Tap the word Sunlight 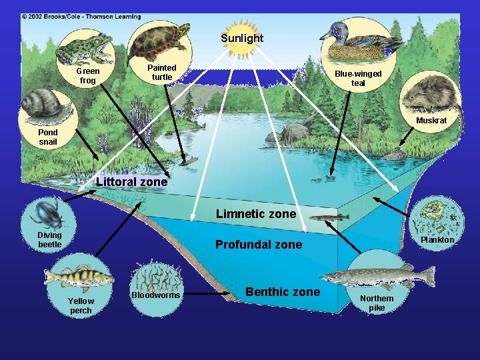pyautogui.click(x=242, y=38)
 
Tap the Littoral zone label pyautogui.click(x=132, y=181)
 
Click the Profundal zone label pyautogui.click(x=259, y=245)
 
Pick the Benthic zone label pyautogui.click(x=283, y=292)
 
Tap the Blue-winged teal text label pyautogui.click(x=358, y=78)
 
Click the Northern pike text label pyautogui.click(x=377, y=303)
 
